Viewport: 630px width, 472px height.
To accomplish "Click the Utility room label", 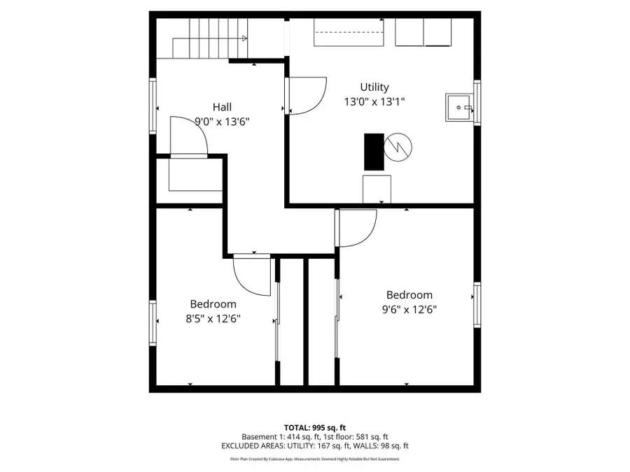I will [x=374, y=87].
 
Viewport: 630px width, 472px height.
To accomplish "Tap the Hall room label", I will [x=222, y=107].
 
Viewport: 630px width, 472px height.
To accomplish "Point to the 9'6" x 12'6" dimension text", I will [x=409, y=309].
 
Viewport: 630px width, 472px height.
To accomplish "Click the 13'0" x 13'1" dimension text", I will [x=374, y=101].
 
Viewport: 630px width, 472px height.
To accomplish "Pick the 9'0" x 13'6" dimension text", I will [x=222, y=121].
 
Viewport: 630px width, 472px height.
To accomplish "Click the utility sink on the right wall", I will [x=459, y=108].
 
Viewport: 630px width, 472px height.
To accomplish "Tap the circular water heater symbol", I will [x=398, y=145].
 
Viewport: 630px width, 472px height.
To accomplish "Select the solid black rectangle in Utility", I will [x=373, y=151].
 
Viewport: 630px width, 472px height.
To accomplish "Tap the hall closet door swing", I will [x=190, y=136].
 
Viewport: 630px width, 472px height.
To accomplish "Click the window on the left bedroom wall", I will [x=152, y=322].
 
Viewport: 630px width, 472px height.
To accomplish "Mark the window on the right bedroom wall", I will [x=477, y=305].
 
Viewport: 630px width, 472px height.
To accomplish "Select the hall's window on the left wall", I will [x=152, y=106].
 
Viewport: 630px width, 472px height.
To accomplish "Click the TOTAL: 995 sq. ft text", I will [x=314, y=427].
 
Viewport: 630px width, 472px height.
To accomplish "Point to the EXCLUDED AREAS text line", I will [x=314, y=445].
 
